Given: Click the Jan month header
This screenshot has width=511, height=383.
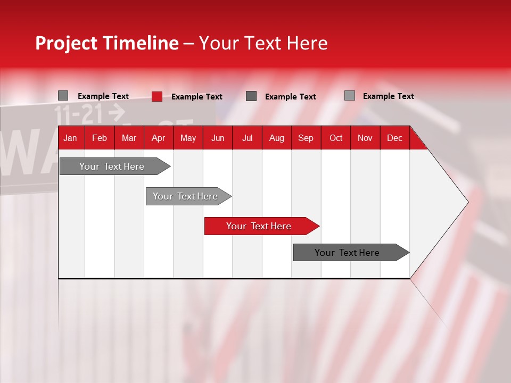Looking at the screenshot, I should click(x=70, y=138).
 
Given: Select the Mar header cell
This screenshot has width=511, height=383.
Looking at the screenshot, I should click(x=129, y=138).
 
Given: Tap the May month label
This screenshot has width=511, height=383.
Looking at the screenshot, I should click(x=188, y=138).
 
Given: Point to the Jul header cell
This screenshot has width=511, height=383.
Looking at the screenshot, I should click(x=247, y=138).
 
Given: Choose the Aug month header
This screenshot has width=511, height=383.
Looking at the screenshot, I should click(x=276, y=138).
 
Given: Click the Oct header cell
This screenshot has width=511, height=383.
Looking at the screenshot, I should click(x=335, y=138).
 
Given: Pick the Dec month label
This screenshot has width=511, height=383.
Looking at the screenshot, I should click(x=394, y=138).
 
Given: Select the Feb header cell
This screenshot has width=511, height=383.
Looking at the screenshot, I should click(x=100, y=138).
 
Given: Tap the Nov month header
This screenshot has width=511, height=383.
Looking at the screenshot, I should click(x=365, y=138).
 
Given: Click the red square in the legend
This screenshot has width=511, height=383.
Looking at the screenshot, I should click(x=157, y=96).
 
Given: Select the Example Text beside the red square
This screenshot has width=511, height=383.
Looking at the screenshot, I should click(x=196, y=97).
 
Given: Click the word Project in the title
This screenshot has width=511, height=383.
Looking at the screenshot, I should click(x=67, y=43).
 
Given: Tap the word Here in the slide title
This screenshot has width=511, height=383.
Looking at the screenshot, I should click(x=307, y=43).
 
